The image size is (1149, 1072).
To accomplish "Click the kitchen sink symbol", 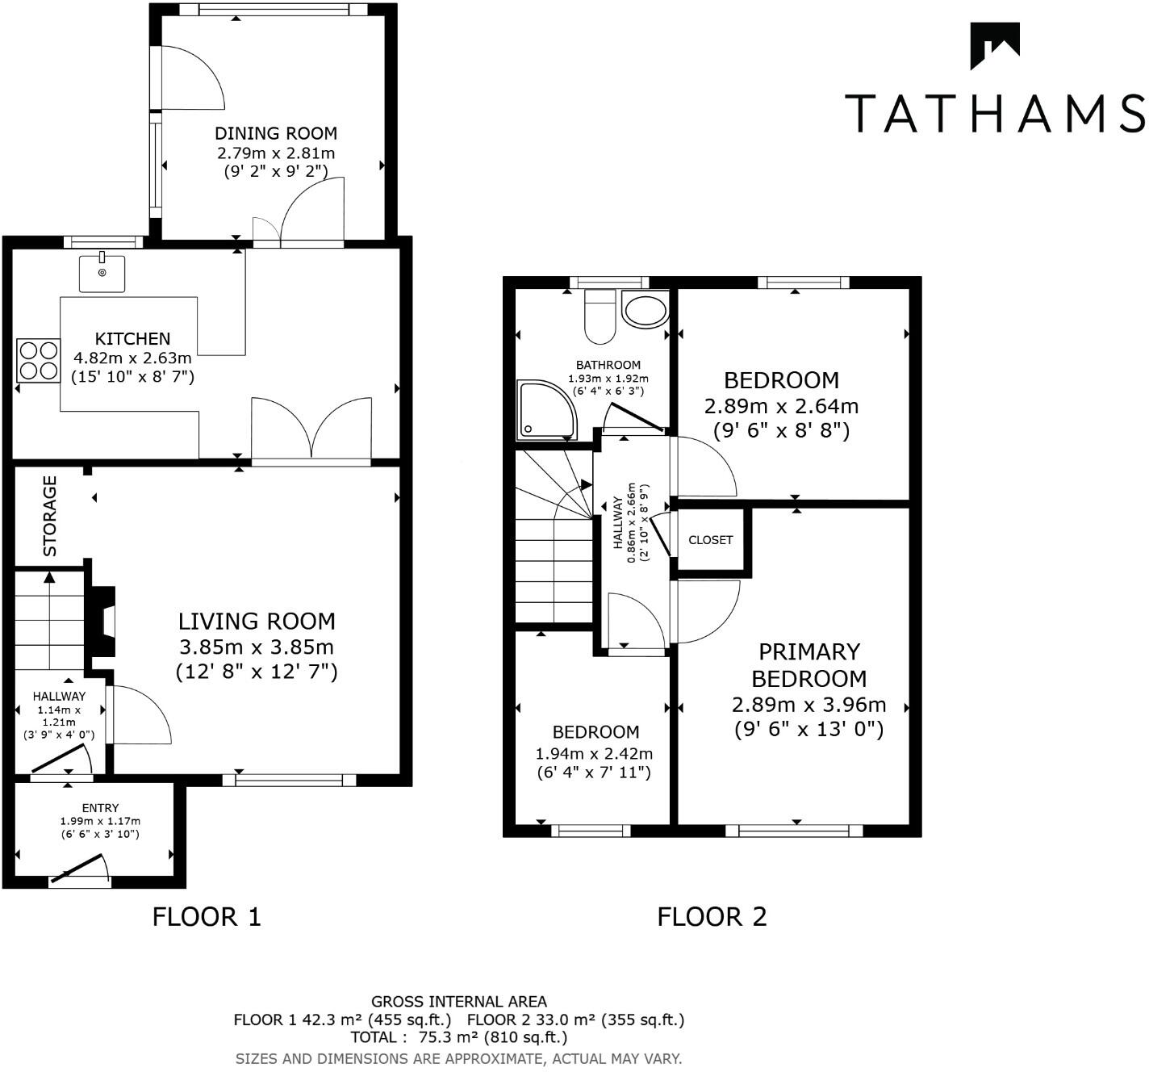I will coord(102,273).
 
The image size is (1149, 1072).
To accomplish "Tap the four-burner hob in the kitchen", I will coord(38,360).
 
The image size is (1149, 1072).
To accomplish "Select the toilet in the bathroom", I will coord(600,316).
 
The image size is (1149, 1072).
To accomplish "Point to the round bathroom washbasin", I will coord(646,310).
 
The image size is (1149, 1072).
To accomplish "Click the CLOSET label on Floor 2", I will coord(710,540).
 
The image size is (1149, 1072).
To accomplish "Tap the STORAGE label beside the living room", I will coord(50,516).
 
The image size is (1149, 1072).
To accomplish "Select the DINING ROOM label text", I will coord(275,133).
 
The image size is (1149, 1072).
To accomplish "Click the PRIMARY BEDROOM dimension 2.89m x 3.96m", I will coord(808,705).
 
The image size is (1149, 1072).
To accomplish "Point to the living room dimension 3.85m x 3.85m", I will coord(256,647).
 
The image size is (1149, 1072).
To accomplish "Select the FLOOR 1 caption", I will coord(207,917).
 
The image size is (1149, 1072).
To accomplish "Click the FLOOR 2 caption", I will coord(712,917).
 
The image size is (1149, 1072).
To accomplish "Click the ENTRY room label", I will coord(100,808).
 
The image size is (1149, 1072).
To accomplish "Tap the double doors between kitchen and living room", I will coord(311,432).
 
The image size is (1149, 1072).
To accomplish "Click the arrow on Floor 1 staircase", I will coord(50,578).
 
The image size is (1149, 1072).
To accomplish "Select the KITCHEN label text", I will coord(132,338).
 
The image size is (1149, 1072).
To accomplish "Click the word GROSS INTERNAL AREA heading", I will coord(458,1002).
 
